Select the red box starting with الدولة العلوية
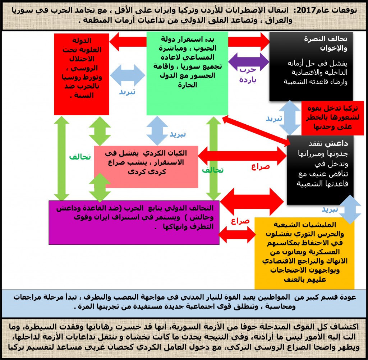click(x=82, y=74)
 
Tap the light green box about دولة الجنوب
click(x=187, y=74)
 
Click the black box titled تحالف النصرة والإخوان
click(x=311, y=67)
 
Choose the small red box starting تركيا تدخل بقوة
click(x=332, y=118)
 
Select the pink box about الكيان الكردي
click(x=146, y=167)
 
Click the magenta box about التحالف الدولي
click(x=134, y=222)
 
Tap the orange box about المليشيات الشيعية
click(x=304, y=253)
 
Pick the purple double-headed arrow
click(x=249, y=62)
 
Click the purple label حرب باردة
click(x=248, y=75)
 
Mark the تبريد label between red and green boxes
click(x=127, y=92)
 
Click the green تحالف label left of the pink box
click(x=80, y=157)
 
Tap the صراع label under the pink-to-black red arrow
click(x=260, y=167)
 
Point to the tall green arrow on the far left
click(x=61, y=158)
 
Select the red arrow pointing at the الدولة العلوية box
click(x=128, y=42)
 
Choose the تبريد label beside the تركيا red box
click(x=274, y=119)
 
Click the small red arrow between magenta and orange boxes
click(x=237, y=234)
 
